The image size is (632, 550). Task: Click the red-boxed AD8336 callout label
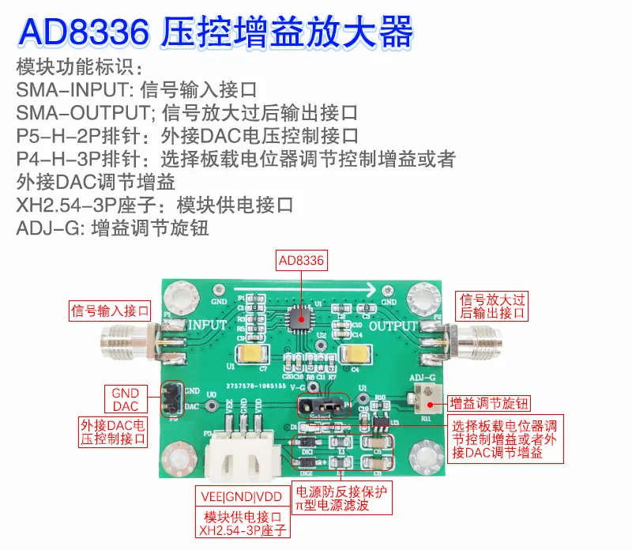(x=301, y=260)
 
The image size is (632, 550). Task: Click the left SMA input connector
(x=127, y=342)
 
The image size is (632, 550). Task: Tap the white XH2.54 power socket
(x=243, y=458)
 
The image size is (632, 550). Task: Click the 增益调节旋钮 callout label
(x=483, y=401)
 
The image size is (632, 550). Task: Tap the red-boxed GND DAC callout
(x=125, y=400)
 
